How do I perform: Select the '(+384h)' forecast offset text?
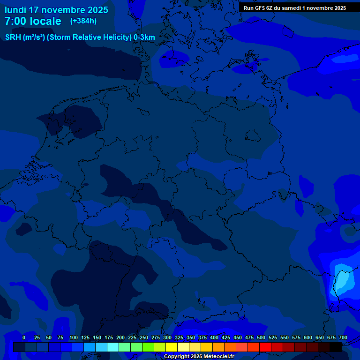tap(83, 21)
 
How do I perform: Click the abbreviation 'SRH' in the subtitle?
tap(13, 37)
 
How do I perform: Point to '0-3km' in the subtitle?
tap(144, 37)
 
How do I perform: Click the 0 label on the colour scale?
tap(24, 337)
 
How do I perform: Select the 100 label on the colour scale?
tap(73, 337)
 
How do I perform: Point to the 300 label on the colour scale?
tap(167, 337)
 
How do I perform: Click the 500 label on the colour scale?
tap(261, 337)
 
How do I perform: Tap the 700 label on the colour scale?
tap(343, 337)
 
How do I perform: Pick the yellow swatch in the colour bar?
tap(172, 347)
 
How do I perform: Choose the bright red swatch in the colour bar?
tap(265, 347)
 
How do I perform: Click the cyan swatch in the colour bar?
tap(113, 347)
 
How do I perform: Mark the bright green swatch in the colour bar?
tap(148, 347)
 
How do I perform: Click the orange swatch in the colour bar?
tap(218, 347)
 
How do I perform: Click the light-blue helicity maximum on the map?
tap(343, 281)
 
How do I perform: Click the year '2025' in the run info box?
tap(337, 8)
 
